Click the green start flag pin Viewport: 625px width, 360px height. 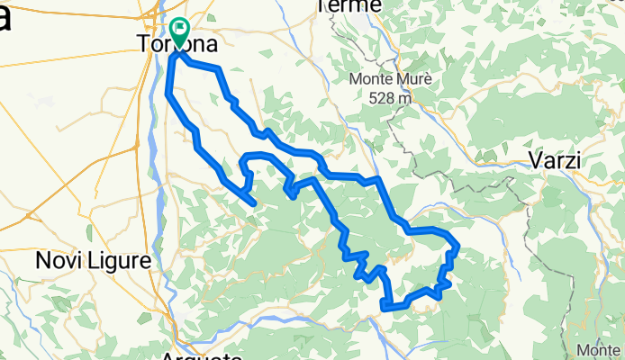178,33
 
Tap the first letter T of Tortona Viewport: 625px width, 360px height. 140,43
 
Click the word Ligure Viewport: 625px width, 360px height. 120,262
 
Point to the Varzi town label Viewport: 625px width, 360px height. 553,161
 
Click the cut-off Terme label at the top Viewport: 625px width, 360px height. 350,6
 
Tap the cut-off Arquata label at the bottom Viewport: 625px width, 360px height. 203,356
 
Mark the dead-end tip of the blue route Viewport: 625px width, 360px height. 256,203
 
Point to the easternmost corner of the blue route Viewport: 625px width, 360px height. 458,246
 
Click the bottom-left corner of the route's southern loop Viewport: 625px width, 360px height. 385,307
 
